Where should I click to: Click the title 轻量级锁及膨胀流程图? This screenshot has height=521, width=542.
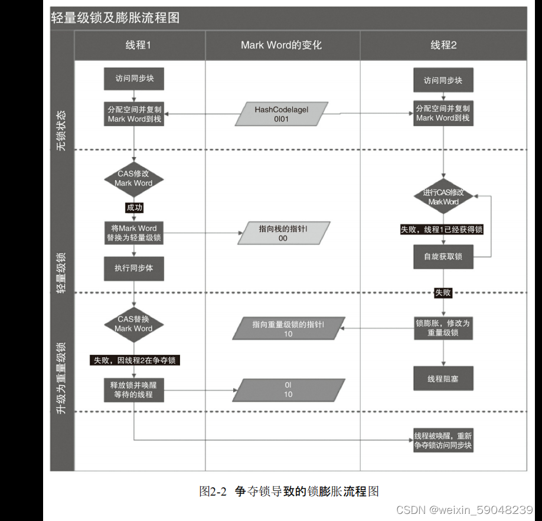(116, 18)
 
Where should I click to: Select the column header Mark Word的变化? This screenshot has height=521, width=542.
(282, 45)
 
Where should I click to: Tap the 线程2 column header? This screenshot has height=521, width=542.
(443, 45)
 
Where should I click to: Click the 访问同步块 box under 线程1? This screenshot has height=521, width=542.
(134, 79)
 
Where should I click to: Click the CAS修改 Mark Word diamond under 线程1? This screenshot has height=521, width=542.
(133, 179)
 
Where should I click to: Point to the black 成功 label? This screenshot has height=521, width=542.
(134, 207)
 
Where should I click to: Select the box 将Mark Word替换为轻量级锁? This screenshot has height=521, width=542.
(134, 233)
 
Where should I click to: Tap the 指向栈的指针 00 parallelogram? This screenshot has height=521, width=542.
(283, 233)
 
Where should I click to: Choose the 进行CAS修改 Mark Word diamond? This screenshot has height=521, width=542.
(443, 197)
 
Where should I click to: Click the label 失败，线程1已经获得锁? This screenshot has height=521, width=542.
(442, 229)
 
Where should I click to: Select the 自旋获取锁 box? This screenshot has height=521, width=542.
(443, 256)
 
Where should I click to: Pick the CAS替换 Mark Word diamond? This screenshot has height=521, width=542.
(133, 324)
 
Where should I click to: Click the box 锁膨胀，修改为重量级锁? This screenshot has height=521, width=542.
(443, 328)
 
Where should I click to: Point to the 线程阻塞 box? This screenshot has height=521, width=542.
(443, 379)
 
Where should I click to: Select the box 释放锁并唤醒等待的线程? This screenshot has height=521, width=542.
(134, 389)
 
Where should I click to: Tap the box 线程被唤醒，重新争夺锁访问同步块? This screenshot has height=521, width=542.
(443, 441)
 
